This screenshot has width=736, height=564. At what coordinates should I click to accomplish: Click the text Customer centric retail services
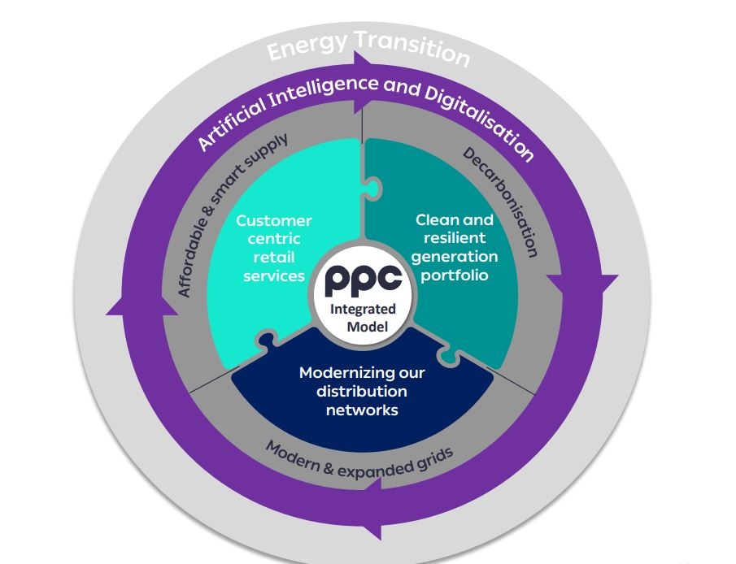pyautogui.click(x=274, y=248)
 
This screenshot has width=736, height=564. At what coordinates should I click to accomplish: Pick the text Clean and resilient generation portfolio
pyautogui.click(x=455, y=247)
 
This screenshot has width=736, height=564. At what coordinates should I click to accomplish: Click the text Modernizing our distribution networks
pyautogui.click(x=362, y=391)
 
